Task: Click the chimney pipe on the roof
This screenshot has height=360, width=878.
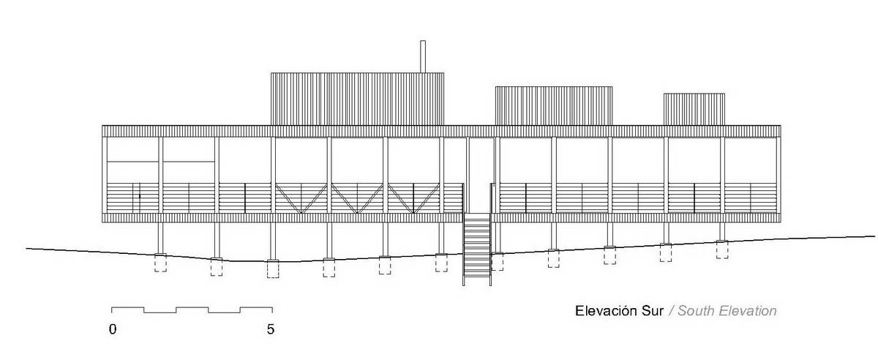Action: (x=423, y=56)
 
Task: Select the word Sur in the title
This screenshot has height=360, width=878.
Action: (x=653, y=312)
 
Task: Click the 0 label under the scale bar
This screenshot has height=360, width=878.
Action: (x=113, y=329)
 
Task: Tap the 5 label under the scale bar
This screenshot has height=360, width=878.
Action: (x=271, y=329)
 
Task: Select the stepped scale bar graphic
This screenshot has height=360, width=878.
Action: (x=192, y=310)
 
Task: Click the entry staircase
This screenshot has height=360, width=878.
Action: (x=477, y=249)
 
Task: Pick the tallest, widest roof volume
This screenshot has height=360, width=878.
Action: (x=358, y=99)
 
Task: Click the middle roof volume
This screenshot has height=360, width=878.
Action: (x=554, y=106)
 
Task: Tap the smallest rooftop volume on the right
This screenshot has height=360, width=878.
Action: (x=694, y=110)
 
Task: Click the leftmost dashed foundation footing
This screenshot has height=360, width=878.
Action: (x=160, y=263)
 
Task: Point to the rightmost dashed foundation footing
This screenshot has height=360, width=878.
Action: (x=722, y=250)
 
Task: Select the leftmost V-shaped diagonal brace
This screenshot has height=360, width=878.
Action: (x=301, y=198)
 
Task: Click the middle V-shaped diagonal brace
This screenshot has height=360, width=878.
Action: (x=357, y=198)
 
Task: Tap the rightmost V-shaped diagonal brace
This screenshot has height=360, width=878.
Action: (x=413, y=198)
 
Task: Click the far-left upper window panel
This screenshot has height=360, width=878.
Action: (x=132, y=149)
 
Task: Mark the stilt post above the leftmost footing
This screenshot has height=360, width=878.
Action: (x=160, y=238)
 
